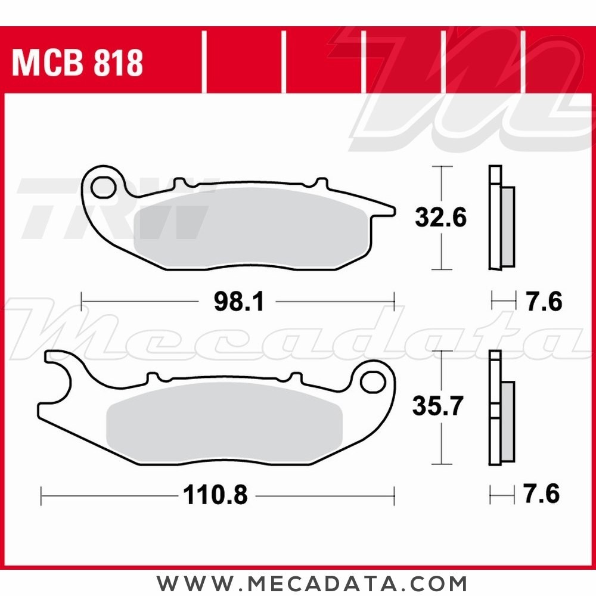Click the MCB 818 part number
coord(77,63)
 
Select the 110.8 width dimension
coord(216,494)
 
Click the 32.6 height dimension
coord(441,218)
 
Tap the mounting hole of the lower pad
coord(374,382)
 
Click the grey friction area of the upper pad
coord(250,226)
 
